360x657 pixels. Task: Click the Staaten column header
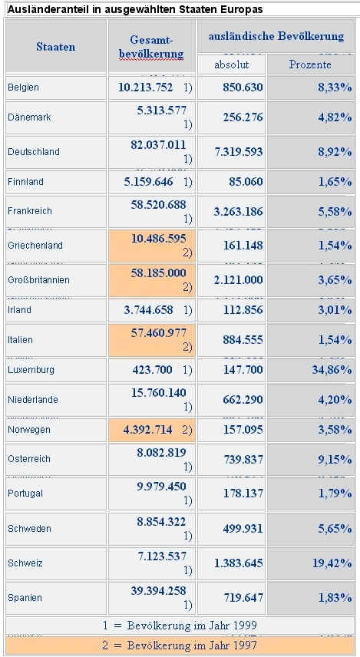pyautogui.click(x=56, y=47)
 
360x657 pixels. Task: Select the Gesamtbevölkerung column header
pyautogui.click(x=151, y=47)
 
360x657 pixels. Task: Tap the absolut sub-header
pyautogui.click(x=231, y=64)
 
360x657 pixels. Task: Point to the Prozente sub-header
pyautogui.click(x=310, y=64)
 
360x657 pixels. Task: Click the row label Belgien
pyautogui.click(x=23, y=87)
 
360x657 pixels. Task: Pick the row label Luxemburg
pyautogui.click(x=31, y=370)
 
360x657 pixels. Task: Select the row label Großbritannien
pyautogui.click(x=38, y=280)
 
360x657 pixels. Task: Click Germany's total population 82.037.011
pyautogui.click(x=158, y=145)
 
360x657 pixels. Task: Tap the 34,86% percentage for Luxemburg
pyautogui.click(x=332, y=370)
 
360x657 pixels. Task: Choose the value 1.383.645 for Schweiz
pyautogui.click(x=239, y=563)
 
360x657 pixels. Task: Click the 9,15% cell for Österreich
pyautogui.click(x=335, y=460)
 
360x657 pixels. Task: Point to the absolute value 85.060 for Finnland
pyautogui.click(x=246, y=182)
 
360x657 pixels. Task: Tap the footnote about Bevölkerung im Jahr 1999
pyautogui.click(x=180, y=626)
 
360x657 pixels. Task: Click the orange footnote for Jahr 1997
pyautogui.click(x=180, y=645)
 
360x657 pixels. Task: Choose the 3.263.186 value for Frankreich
pyautogui.click(x=239, y=212)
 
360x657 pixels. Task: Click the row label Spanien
pyautogui.click(x=25, y=598)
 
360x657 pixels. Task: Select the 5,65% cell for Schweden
pyautogui.click(x=335, y=529)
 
